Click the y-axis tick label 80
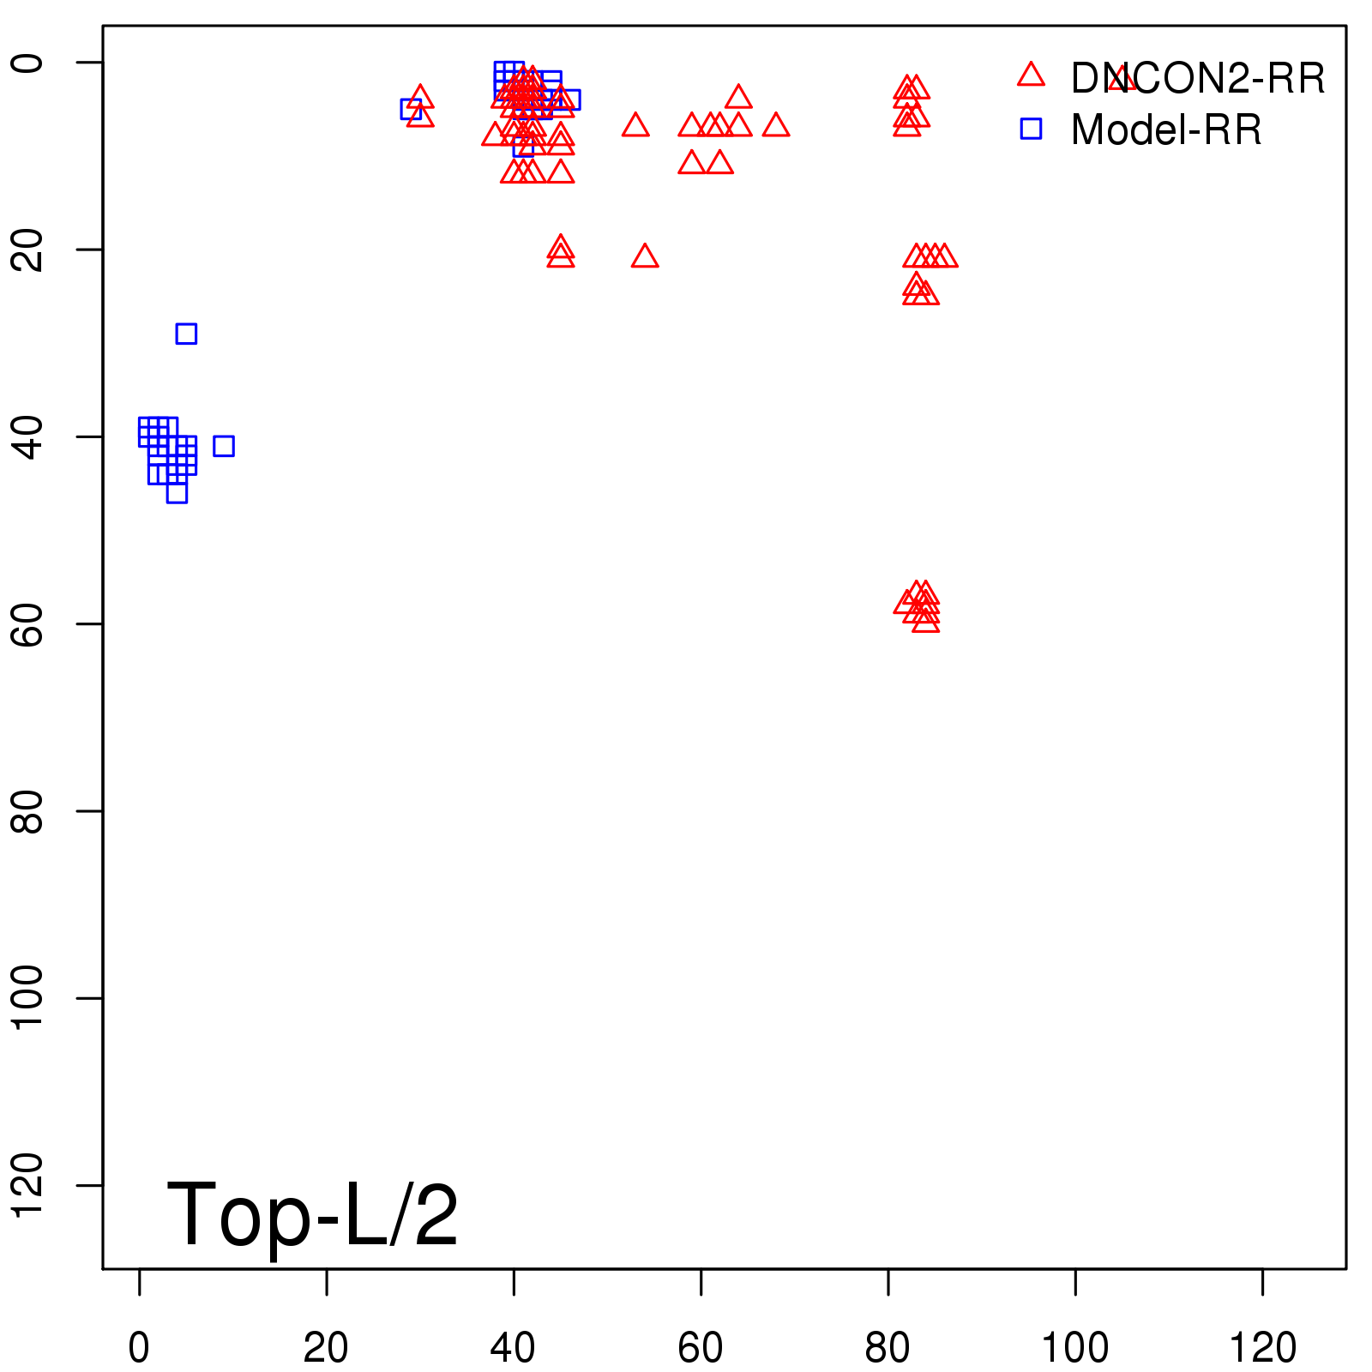point(28,810)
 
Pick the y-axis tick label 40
point(28,436)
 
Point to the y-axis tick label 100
point(28,997)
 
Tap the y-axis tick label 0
point(28,63)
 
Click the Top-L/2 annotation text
point(312,1214)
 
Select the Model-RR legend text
point(1166,130)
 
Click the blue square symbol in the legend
point(1031,129)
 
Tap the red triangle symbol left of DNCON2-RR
point(1031,75)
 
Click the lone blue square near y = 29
point(186,334)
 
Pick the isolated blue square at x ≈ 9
point(224,446)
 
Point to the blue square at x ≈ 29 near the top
point(411,109)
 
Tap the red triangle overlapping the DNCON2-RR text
point(1122,81)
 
